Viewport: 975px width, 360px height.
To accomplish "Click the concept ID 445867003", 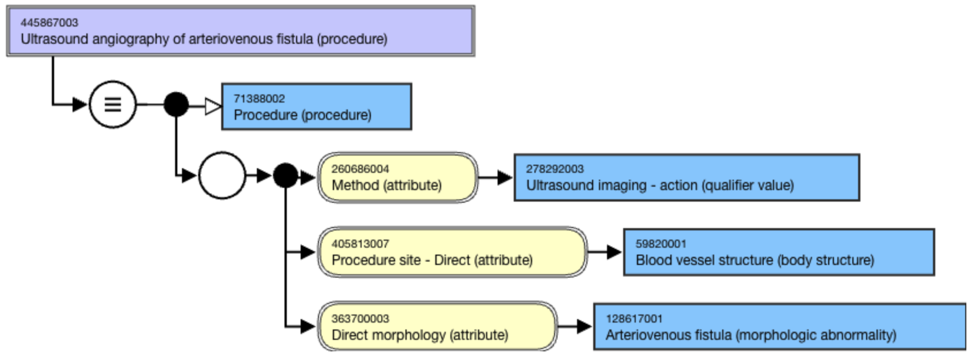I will tap(49, 22).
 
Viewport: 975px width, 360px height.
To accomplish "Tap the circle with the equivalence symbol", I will tap(113, 104).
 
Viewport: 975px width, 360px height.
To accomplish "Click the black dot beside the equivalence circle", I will tap(176, 104).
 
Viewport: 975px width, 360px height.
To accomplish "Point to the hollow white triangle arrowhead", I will tap(213, 106).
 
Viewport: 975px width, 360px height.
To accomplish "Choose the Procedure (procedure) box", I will tap(316, 107).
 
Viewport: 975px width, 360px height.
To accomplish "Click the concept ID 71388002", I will tap(259, 98).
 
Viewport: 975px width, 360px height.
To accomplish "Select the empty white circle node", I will tap(222, 175).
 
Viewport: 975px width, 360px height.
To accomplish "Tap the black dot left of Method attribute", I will tap(286, 176).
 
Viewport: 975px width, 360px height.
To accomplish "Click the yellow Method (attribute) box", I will tap(397, 177).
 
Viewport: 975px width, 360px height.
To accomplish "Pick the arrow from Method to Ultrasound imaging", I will tap(495, 177).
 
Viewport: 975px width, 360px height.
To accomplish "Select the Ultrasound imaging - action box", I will tap(686, 177).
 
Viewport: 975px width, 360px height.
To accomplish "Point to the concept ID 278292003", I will tap(555, 169).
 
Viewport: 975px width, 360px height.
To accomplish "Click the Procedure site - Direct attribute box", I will tap(452, 252).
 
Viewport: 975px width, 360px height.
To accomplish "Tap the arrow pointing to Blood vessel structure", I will tap(605, 252).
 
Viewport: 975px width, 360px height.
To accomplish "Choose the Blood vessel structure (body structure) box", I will tap(778, 252).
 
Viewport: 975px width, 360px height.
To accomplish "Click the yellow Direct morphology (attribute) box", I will tap(437, 327).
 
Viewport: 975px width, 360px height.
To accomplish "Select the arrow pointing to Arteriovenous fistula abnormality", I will tap(575, 327).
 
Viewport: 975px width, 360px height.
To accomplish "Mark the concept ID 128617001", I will tap(634, 319).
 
